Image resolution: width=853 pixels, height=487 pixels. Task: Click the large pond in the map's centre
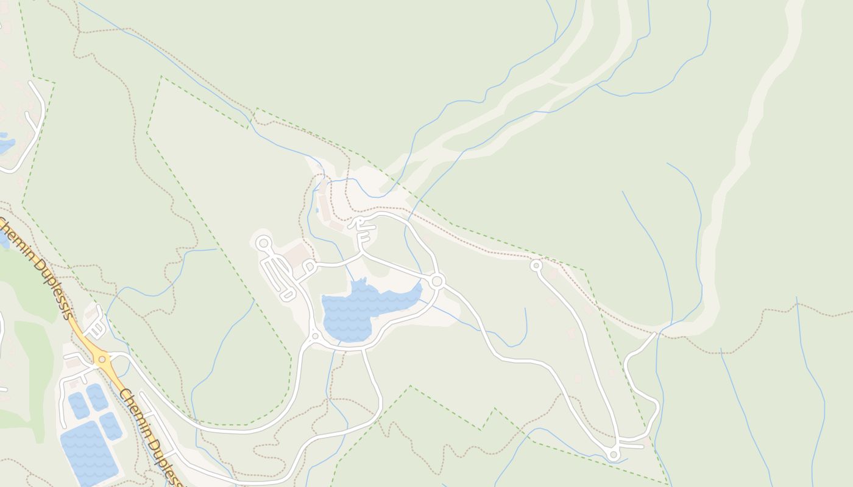359,310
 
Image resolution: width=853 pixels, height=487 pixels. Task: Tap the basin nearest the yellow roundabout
97,396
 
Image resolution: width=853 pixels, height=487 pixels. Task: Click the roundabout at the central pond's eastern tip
436,281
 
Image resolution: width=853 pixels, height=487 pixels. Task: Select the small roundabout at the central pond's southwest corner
315,336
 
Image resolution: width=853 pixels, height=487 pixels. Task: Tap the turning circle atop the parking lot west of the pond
263,243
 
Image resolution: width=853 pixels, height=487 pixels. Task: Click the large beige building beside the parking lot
297,255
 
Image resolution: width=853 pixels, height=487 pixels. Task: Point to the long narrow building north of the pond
325,208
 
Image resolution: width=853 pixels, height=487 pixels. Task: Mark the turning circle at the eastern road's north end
536,265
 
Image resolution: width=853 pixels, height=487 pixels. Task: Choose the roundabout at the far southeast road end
614,455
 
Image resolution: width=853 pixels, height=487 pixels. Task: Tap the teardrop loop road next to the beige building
309,267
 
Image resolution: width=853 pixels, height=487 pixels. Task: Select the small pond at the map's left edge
6,145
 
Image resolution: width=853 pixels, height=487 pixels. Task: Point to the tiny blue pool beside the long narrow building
317,211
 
